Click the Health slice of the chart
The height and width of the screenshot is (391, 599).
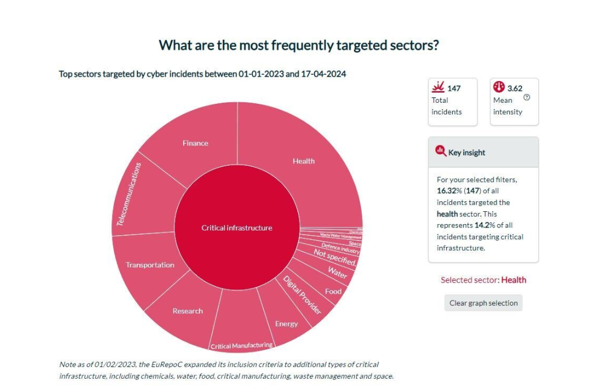click(303, 161)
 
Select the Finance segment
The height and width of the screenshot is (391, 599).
click(195, 143)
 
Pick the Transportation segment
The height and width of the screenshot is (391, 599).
click(150, 265)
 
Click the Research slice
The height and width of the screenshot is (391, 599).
click(187, 311)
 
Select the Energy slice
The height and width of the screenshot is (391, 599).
click(286, 323)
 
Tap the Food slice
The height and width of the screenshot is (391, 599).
click(333, 291)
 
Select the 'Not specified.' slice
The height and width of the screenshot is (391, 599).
click(335, 257)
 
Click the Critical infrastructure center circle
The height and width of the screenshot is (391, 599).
click(237, 228)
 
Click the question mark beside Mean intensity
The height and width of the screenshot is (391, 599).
click(527, 97)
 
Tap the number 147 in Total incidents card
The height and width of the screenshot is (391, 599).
click(453, 88)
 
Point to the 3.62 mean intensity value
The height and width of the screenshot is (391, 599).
click(514, 88)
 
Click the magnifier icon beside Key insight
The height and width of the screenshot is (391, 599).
click(440, 151)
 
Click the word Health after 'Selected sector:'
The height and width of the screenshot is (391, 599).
click(513, 280)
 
